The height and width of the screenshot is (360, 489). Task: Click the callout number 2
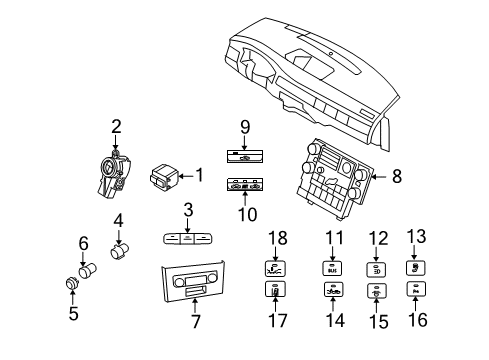(x=116, y=126)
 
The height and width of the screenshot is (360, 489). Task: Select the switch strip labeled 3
(x=184, y=241)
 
